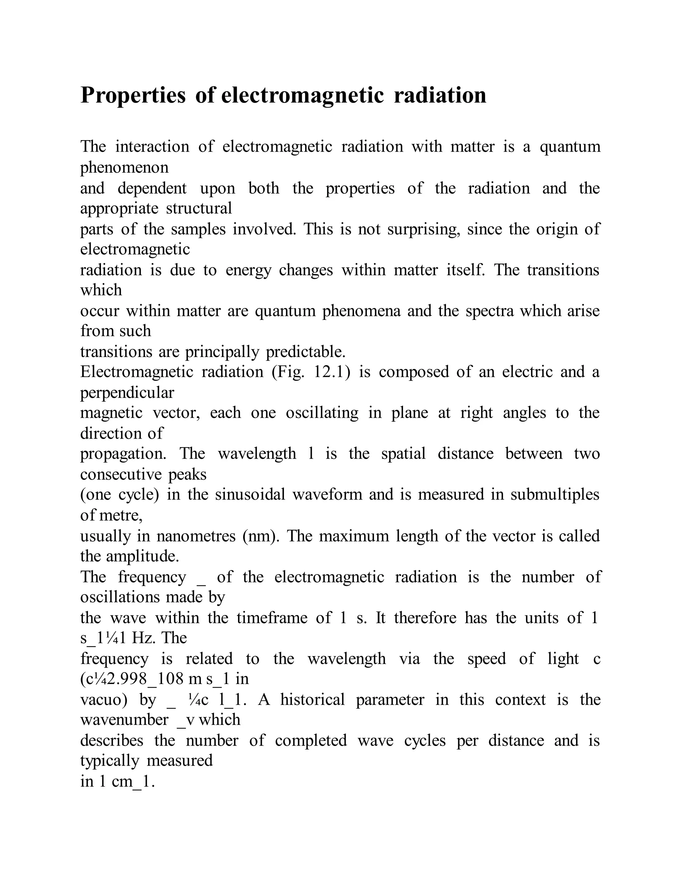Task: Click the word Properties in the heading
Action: pos(133,96)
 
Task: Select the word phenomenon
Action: pos(124,168)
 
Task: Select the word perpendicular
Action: pos(127,393)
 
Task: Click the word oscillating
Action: pos(322,413)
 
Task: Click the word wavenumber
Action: pos(124,720)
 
